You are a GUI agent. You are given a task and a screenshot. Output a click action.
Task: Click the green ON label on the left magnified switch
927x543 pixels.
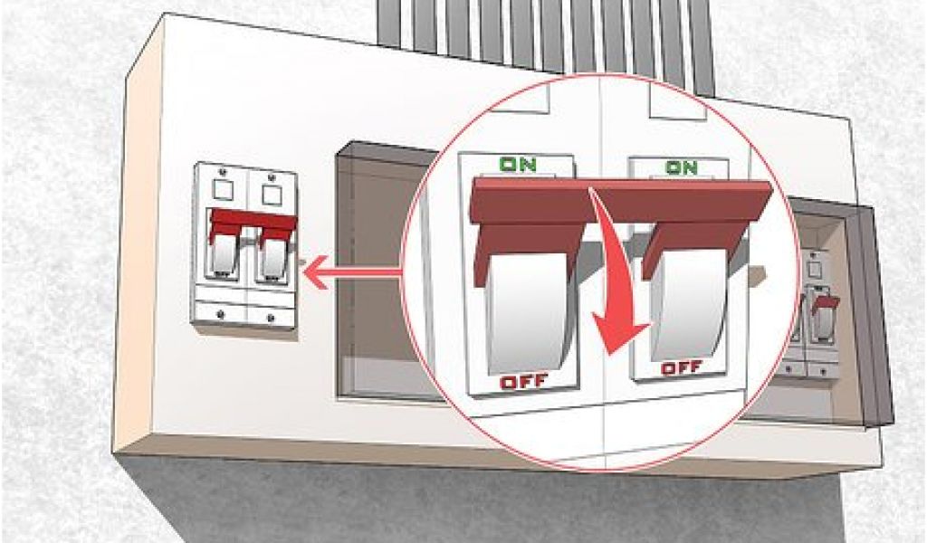[518, 165]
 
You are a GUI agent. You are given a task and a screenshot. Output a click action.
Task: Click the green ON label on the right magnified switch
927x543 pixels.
[682, 167]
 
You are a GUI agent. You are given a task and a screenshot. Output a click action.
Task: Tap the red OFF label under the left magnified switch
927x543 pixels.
[524, 382]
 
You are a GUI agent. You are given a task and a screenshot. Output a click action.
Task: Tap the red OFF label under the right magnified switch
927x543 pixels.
[682, 368]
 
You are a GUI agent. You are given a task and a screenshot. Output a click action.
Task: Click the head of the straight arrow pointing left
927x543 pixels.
[314, 272]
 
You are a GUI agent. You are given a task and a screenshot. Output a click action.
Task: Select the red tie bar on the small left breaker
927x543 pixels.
[253, 224]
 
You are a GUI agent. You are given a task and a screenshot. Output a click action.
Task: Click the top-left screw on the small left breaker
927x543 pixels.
[223, 172]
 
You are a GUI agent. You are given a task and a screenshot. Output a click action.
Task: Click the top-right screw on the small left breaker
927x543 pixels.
[272, 176]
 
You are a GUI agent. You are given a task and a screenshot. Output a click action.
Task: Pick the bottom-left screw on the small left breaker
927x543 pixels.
[221, 314]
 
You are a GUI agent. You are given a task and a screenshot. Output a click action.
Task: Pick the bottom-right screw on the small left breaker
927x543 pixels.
[271, 318]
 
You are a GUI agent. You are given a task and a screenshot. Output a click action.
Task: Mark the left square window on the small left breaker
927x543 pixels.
[223, 190]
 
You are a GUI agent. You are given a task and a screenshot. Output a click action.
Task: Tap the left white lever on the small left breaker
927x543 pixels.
[224, 254]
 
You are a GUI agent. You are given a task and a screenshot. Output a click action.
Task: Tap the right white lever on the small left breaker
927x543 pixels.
[273, 258]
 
